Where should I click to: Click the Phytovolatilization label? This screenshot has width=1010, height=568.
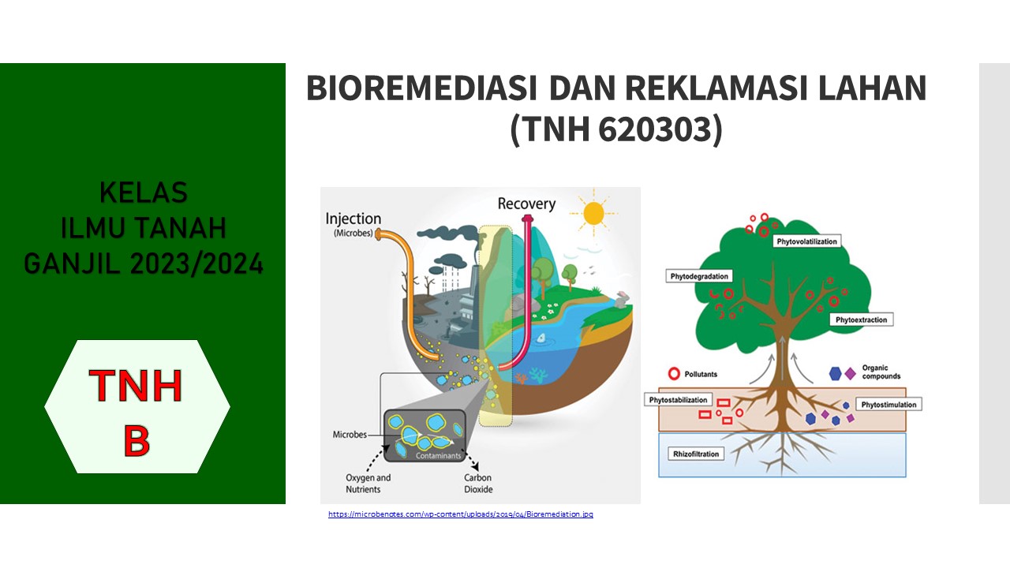[x=806, y=241]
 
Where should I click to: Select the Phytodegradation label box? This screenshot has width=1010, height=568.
[x=699, y=277]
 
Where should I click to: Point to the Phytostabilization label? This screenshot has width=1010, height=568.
[x=679, y=400]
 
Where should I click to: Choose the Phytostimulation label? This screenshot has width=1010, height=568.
[x=888, y=405]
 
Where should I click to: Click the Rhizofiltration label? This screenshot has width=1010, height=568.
[x=695, y=454]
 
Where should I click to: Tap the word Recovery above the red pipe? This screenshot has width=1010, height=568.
[x=526, y=204]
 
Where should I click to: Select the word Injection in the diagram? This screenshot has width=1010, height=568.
[x=353, y=219]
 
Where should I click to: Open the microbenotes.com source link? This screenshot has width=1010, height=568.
[x=461, y=514]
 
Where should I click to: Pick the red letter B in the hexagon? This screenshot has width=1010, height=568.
[x=137, y=441]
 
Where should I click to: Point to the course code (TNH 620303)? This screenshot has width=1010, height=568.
[x=615, y=131]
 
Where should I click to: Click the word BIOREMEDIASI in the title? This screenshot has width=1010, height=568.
[x=421, y=88]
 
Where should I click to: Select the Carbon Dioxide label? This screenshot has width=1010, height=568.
[x=478, y=484]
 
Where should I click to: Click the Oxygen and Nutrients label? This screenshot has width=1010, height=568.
[x=368, y=484]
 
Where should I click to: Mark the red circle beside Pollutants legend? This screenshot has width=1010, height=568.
[x=674, y=373]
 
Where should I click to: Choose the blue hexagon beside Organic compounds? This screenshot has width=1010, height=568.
[x=835, y=373]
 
